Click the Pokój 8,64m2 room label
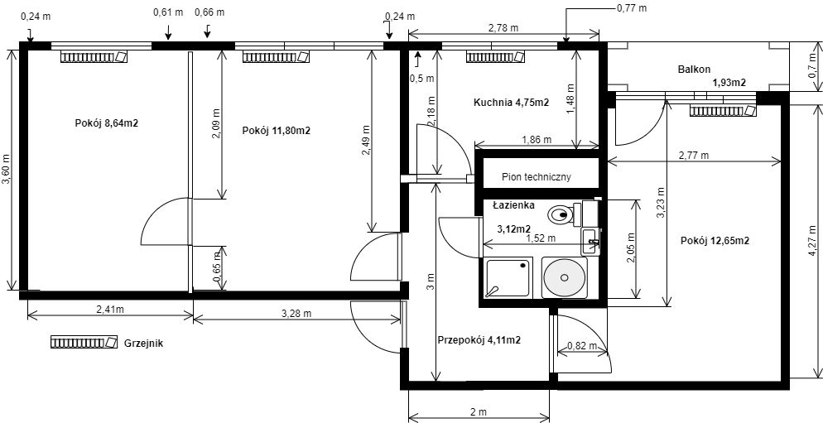click(107, 123)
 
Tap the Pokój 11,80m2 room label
click(276, 131)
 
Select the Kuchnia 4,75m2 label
click(511, 103)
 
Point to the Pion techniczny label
click(536, 177)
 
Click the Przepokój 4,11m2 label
click(479, 340)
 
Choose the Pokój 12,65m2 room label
click(715, 241)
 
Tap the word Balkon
click(694, 69)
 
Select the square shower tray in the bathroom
click(508, 277)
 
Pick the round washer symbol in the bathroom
click(565, 277)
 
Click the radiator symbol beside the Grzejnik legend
click(84, 343)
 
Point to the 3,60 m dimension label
click(7, 169)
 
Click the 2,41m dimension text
click(109, 309)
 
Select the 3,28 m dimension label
click(296, 314)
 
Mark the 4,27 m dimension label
click(812, 240)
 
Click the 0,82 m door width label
click(582, 345)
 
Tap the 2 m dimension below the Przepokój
click(479, 411)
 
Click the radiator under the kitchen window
click(495, 56)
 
